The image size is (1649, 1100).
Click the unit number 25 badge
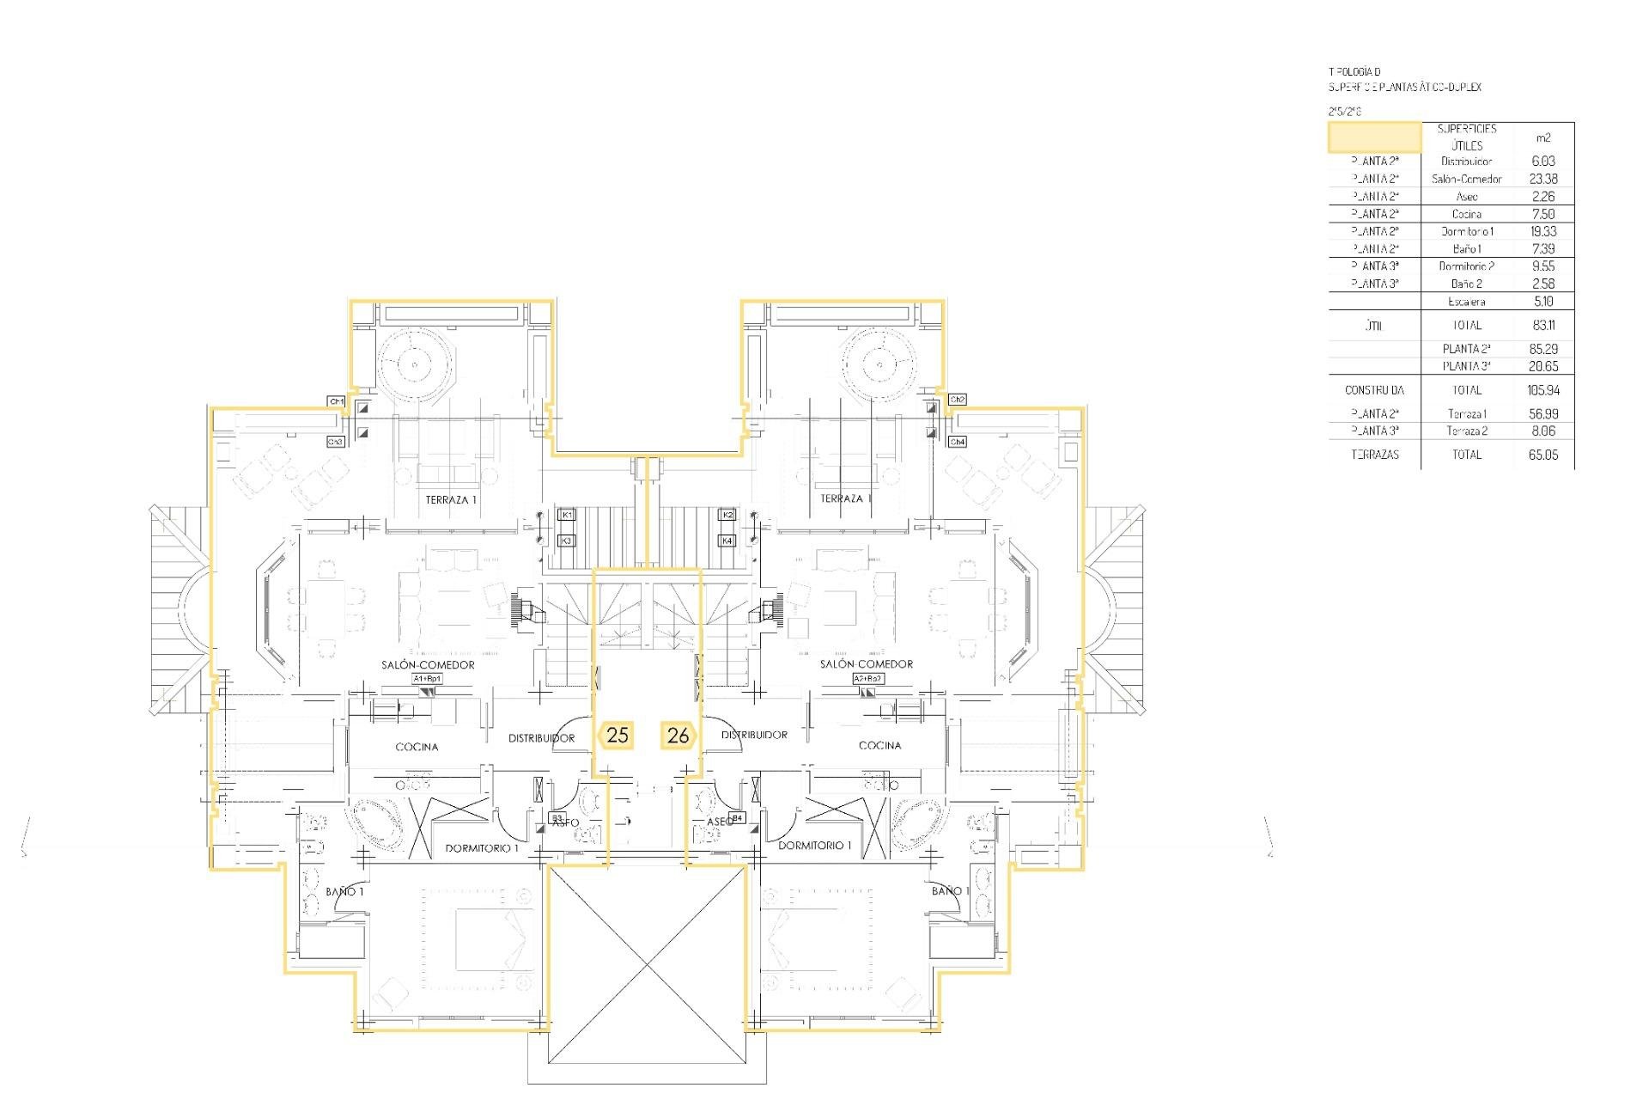[617, 736]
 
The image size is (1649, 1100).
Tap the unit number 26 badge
[678, 736]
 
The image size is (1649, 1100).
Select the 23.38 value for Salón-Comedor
[1543, 179]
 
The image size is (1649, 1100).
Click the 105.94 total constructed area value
[1543, 390]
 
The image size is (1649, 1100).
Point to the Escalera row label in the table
[1466, 302]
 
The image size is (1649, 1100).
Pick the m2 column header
[1543, 137]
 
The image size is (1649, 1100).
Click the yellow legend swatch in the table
[1374, 137]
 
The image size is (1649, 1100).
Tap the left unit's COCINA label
[417, 747]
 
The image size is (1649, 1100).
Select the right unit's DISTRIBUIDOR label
[754, 735]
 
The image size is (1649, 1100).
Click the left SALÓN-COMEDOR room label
[428, 664]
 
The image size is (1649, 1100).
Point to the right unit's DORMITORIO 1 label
[814, 846]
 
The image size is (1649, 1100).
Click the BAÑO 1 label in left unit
[344, 892]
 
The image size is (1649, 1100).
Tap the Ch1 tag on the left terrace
[336, 401]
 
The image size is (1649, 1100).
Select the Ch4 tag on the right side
[958, 442]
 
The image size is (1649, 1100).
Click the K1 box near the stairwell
[566, 514]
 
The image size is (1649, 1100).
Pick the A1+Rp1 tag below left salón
[428, 679]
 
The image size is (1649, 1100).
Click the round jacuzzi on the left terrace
[414, 364]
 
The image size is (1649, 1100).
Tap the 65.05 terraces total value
[1543, 455]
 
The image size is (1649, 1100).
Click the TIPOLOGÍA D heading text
[1355, 72]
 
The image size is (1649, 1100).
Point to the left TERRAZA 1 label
[451, 499]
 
